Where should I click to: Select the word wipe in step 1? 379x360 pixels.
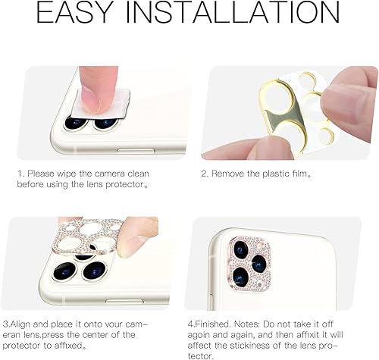[72, 173]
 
